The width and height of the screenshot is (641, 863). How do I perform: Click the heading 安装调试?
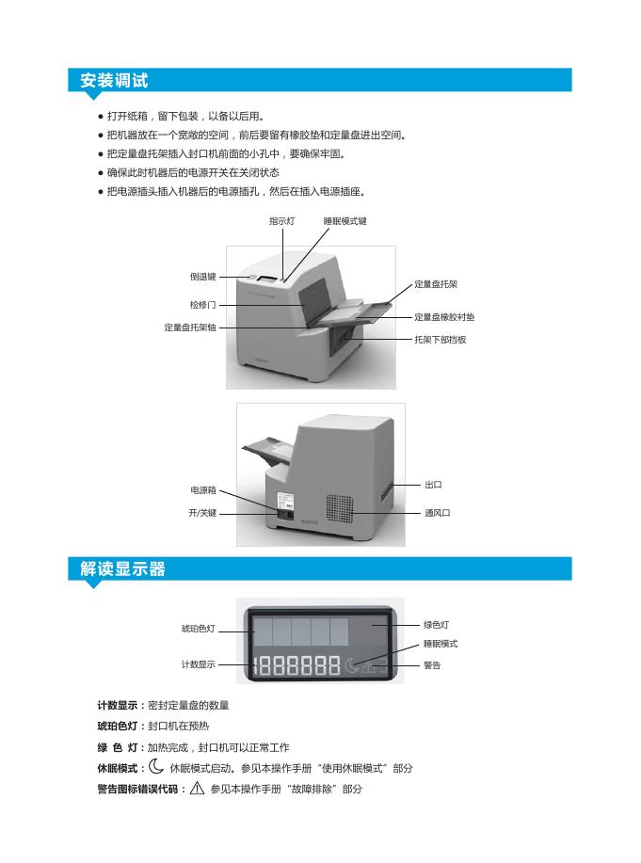[114, 81]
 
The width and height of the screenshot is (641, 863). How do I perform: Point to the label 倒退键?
[202, 277]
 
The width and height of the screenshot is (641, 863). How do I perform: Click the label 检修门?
[202, 305]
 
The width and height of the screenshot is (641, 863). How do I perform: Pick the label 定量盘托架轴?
[190, 327]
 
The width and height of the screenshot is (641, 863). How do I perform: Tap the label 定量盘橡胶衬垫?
[444, 317]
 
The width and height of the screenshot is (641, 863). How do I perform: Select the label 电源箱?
[203, 490]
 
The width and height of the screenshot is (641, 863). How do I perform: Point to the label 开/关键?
[202, 513]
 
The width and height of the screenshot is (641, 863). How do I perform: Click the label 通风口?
[437, 513]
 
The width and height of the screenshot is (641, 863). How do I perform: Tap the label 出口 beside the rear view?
[433, 485]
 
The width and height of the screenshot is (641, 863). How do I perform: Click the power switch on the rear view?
[283, 513]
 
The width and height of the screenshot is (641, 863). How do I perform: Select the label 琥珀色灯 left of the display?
[198, 628]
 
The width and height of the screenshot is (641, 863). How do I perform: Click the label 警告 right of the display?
[432, 665]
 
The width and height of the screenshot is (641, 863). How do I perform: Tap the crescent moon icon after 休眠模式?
[156, 767]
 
